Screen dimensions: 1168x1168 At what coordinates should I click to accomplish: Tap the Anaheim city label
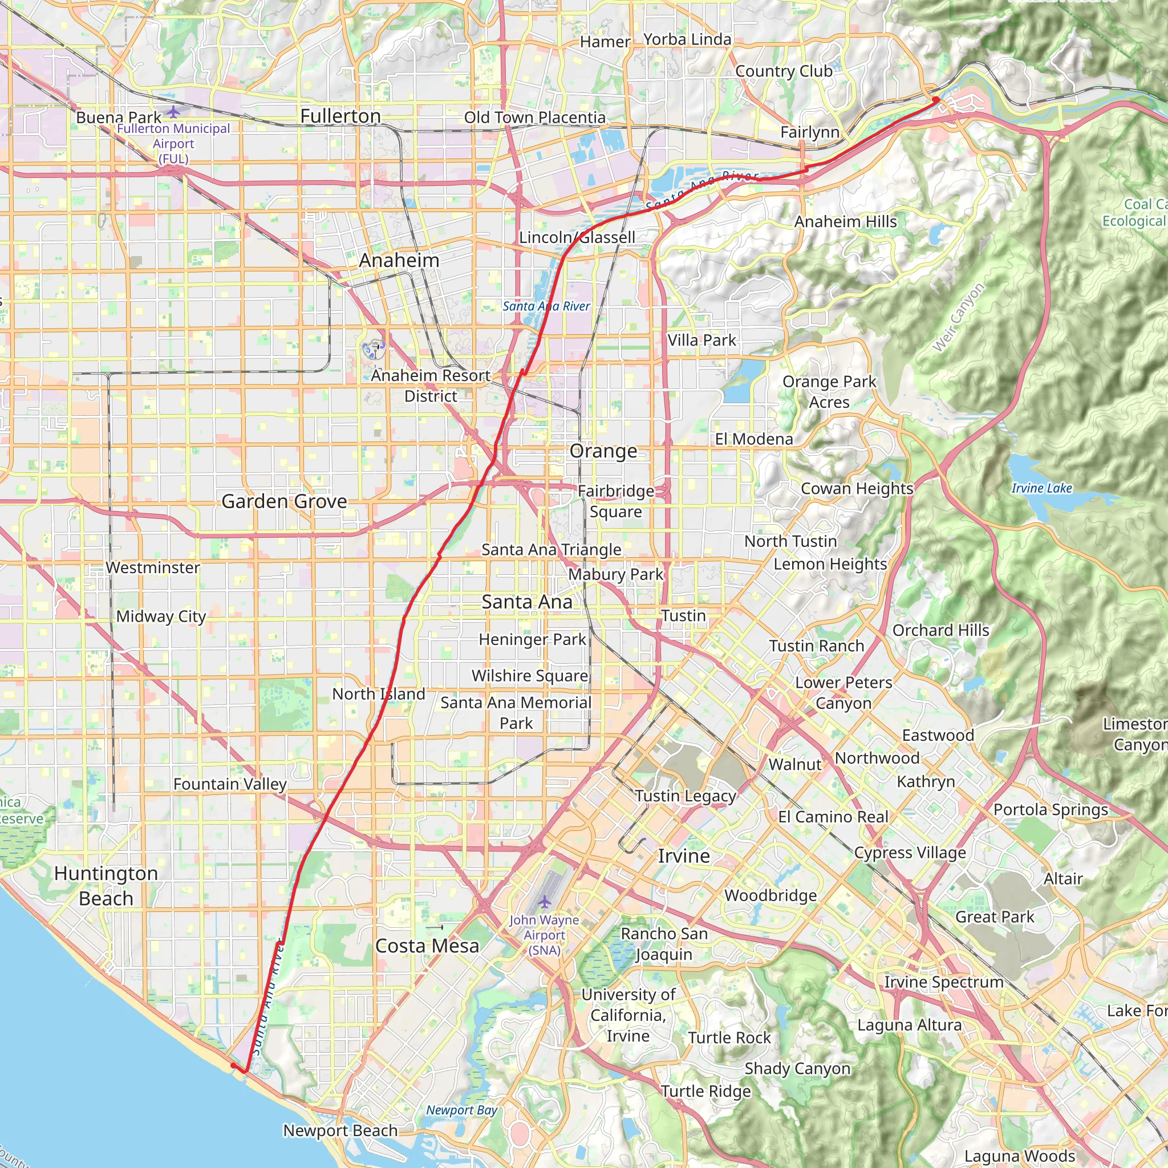399,260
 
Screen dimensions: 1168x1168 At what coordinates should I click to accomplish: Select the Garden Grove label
284,501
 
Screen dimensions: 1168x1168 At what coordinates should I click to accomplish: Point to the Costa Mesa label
427,946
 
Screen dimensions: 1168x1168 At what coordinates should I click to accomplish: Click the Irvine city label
684,855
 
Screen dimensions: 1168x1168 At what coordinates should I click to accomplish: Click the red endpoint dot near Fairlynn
935,99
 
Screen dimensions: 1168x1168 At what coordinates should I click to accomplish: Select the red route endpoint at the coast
233,1065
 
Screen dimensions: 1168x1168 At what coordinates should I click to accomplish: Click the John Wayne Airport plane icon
544,902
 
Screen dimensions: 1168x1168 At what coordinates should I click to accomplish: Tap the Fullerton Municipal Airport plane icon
173,112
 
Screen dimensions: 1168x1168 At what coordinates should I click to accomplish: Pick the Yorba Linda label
687,39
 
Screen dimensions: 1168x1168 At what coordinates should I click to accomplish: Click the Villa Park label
702,340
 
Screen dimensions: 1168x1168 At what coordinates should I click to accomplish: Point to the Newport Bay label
461,1110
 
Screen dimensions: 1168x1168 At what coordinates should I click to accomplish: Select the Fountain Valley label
230,784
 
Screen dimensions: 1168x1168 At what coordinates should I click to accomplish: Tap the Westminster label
153,567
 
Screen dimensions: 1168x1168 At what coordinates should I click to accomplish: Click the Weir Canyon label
958,318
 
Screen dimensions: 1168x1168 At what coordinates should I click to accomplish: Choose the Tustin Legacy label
686,796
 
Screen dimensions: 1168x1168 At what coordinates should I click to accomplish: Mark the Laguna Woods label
1019,1157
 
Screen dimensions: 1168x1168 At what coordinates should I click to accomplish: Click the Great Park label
995,916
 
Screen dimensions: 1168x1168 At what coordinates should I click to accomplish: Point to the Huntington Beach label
106,886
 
